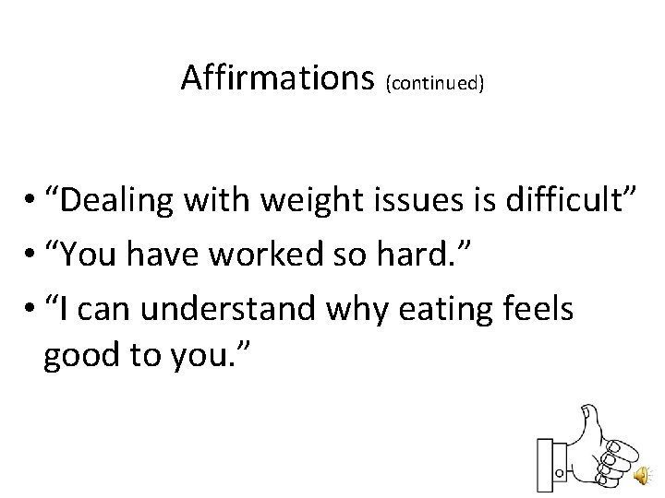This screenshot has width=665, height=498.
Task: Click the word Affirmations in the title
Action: pos(273,79)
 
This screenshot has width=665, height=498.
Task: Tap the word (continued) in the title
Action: pos(437,84)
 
